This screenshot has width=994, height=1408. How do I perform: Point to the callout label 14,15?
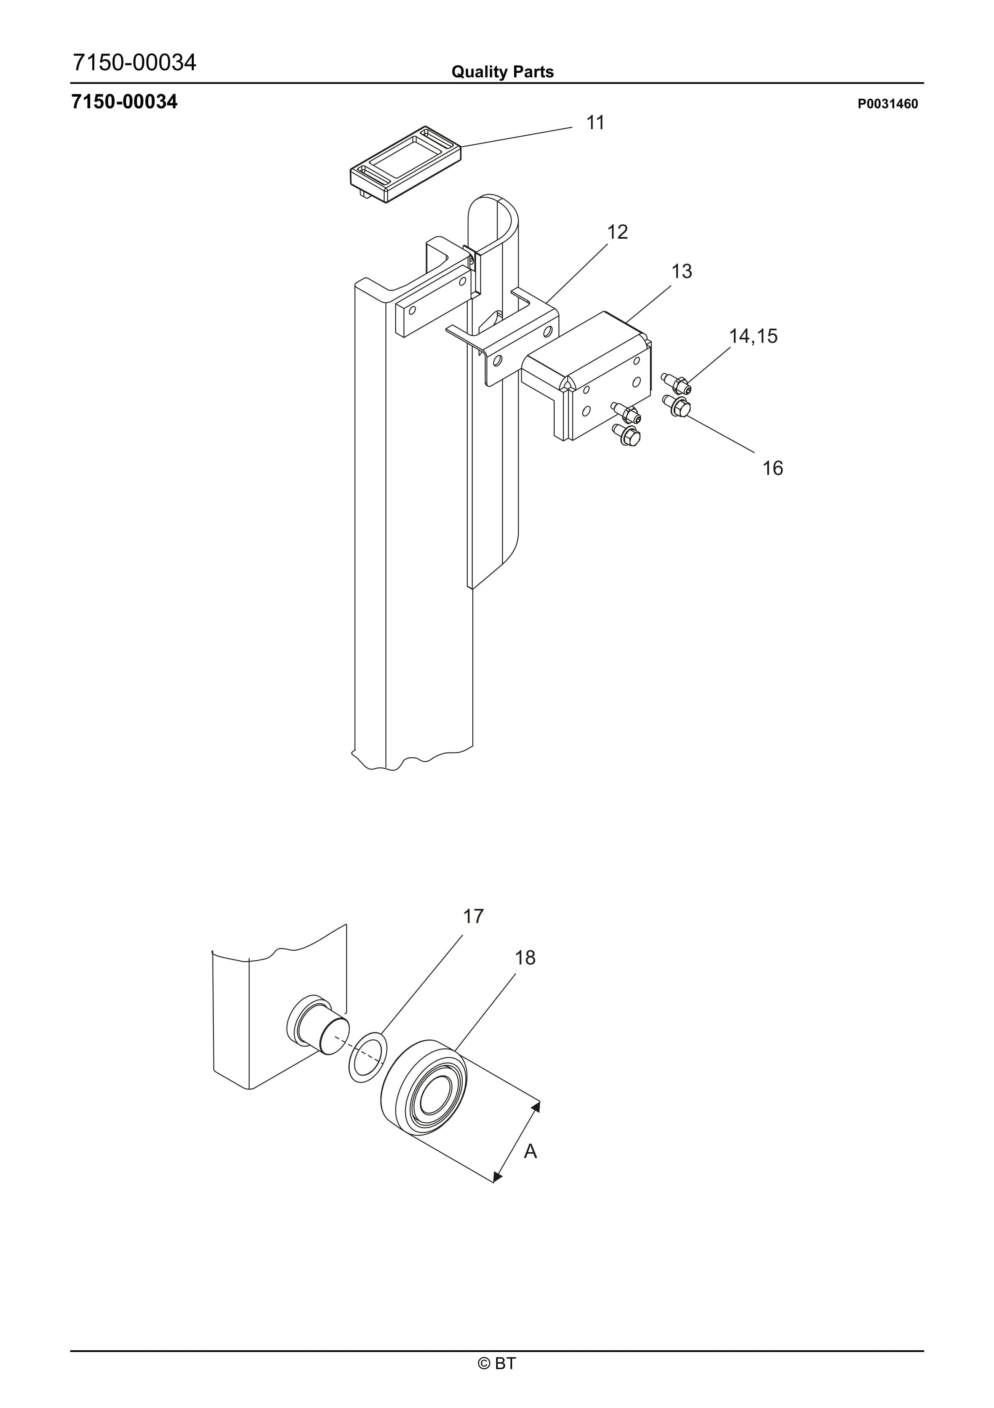[x=753, y=336]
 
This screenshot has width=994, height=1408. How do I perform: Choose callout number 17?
[x=473, y=916]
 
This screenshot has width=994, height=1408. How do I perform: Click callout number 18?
[x=525, y=957]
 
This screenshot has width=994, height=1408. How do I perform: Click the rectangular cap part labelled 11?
[x=406, y=163]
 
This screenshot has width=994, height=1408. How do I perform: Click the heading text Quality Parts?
[x=502, y=72]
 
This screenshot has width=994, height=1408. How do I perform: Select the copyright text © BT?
[x=497, y=1380]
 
